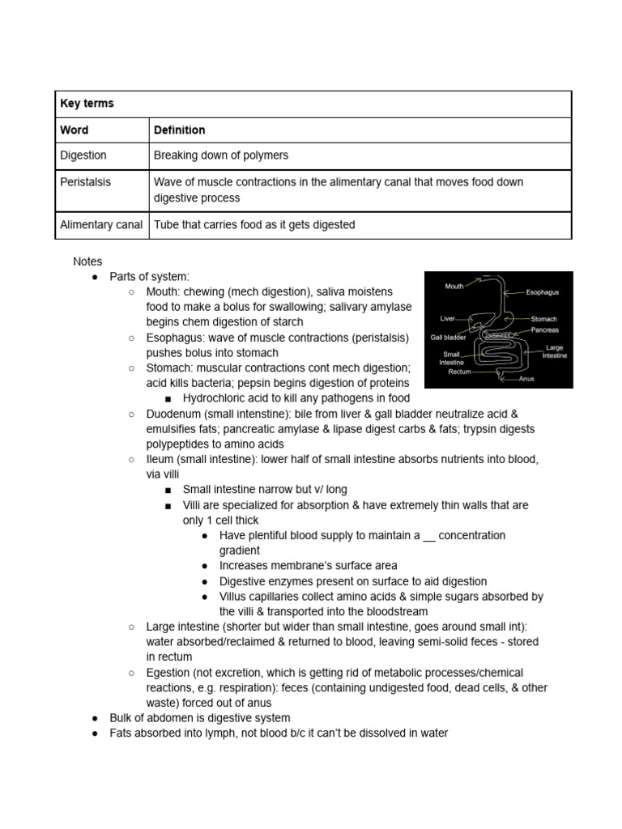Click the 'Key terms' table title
(87, 104)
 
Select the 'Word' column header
(75, 130)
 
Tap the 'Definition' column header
(179, 130)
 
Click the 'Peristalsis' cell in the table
(85, 182)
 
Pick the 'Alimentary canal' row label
(101, 224)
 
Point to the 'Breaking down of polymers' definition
(221, 155)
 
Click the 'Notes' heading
(87, 261)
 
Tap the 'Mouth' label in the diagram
(454, 286)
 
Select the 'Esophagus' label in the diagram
(543, 292)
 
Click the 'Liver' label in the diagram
(448, 318)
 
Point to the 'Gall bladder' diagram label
(447, 337)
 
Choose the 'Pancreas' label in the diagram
(544, 330)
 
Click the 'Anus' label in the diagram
(526, 378)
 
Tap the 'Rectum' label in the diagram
(459, 372)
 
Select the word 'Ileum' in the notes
(160, 459)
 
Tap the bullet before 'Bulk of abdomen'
(95, 718)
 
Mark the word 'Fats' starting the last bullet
(121, 733)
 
